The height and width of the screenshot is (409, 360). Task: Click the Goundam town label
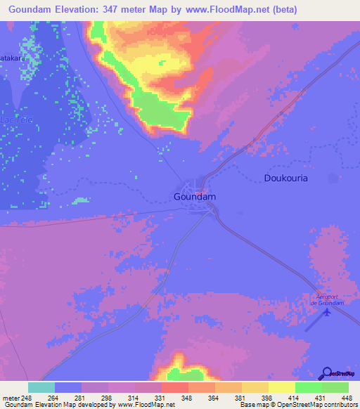click(x=193, y=197)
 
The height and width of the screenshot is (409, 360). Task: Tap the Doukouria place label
click(x=285, y=178)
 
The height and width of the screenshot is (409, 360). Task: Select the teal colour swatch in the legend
click(x=41, y=387)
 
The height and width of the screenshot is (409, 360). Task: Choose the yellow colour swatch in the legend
click(x=282, y=387)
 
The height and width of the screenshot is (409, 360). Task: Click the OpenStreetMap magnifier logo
click(x=326, y=375)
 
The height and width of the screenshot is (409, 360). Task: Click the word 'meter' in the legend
click(x=12, y=397)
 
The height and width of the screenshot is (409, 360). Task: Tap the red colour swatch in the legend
click(x=175, y=387)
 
